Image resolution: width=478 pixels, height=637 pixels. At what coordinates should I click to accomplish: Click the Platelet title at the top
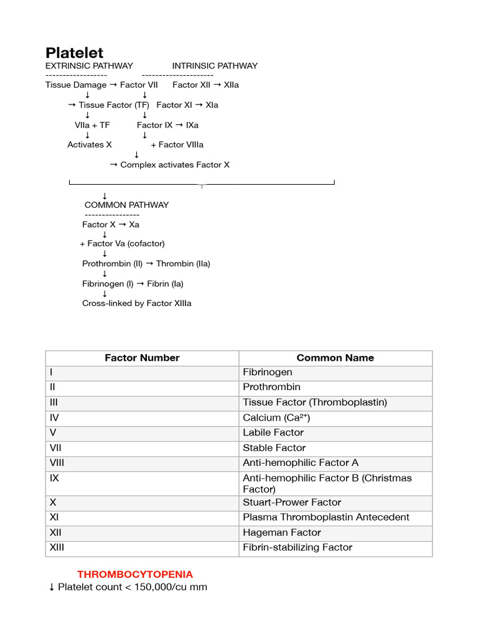coord(75,53)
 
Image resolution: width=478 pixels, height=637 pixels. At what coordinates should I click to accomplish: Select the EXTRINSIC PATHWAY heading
coord(89,66)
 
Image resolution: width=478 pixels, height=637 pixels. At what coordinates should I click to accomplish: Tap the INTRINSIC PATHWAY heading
coord(215,66)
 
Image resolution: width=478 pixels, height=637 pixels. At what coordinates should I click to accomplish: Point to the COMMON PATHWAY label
coord(126,205)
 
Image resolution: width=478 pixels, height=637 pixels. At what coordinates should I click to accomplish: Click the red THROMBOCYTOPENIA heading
coord(135,574)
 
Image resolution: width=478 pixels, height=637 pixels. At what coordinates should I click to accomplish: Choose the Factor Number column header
coord(142,358)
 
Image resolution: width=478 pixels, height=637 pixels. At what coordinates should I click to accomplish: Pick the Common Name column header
coord(335,358)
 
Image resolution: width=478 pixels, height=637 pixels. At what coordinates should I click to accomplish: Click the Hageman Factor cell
coord(282,532)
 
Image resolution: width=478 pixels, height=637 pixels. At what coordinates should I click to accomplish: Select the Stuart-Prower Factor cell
coord(292,502)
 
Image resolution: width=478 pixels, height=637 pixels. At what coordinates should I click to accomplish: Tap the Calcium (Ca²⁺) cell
coord(276,418)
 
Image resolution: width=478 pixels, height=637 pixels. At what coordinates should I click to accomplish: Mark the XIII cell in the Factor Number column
coord(57,547)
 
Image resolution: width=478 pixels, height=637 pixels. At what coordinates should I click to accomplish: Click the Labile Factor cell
coord(273,432)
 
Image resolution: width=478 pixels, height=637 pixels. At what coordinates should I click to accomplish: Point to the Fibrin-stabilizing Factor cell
coord(298,547)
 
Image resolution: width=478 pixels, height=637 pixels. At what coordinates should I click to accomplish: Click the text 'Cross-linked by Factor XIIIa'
coord(137,304)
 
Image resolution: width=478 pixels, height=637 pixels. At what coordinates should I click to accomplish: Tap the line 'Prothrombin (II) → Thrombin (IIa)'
coord(146,264)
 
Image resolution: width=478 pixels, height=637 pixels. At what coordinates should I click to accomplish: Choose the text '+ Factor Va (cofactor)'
coord(123,244)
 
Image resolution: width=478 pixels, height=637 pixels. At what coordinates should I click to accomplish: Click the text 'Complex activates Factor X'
coord(174,165)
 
